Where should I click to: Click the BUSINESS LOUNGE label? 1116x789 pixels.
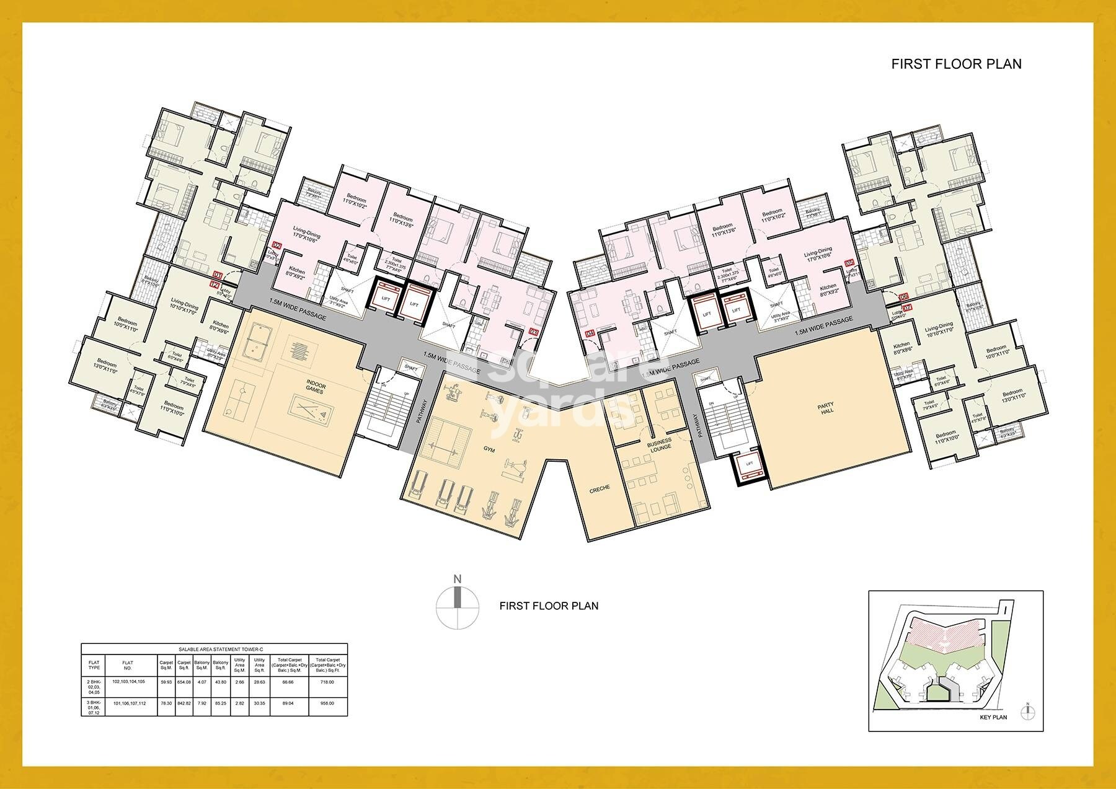(x=659, y=446)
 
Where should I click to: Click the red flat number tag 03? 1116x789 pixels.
(x=534, y=332)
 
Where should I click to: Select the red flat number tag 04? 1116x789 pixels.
(x=590, y=334)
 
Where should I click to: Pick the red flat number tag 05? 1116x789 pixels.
(x=849, y=263)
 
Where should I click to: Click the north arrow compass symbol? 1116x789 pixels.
(x=458, y=605)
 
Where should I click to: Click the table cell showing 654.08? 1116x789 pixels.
(x=184, y=682)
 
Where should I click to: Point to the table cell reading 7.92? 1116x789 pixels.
(x=201, y=703)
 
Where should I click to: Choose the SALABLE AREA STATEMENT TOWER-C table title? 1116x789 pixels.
(x=214, y=648)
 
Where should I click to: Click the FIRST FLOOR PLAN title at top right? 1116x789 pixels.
(x=956, y=64)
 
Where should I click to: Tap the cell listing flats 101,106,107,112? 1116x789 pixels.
(x=128, y=703)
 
